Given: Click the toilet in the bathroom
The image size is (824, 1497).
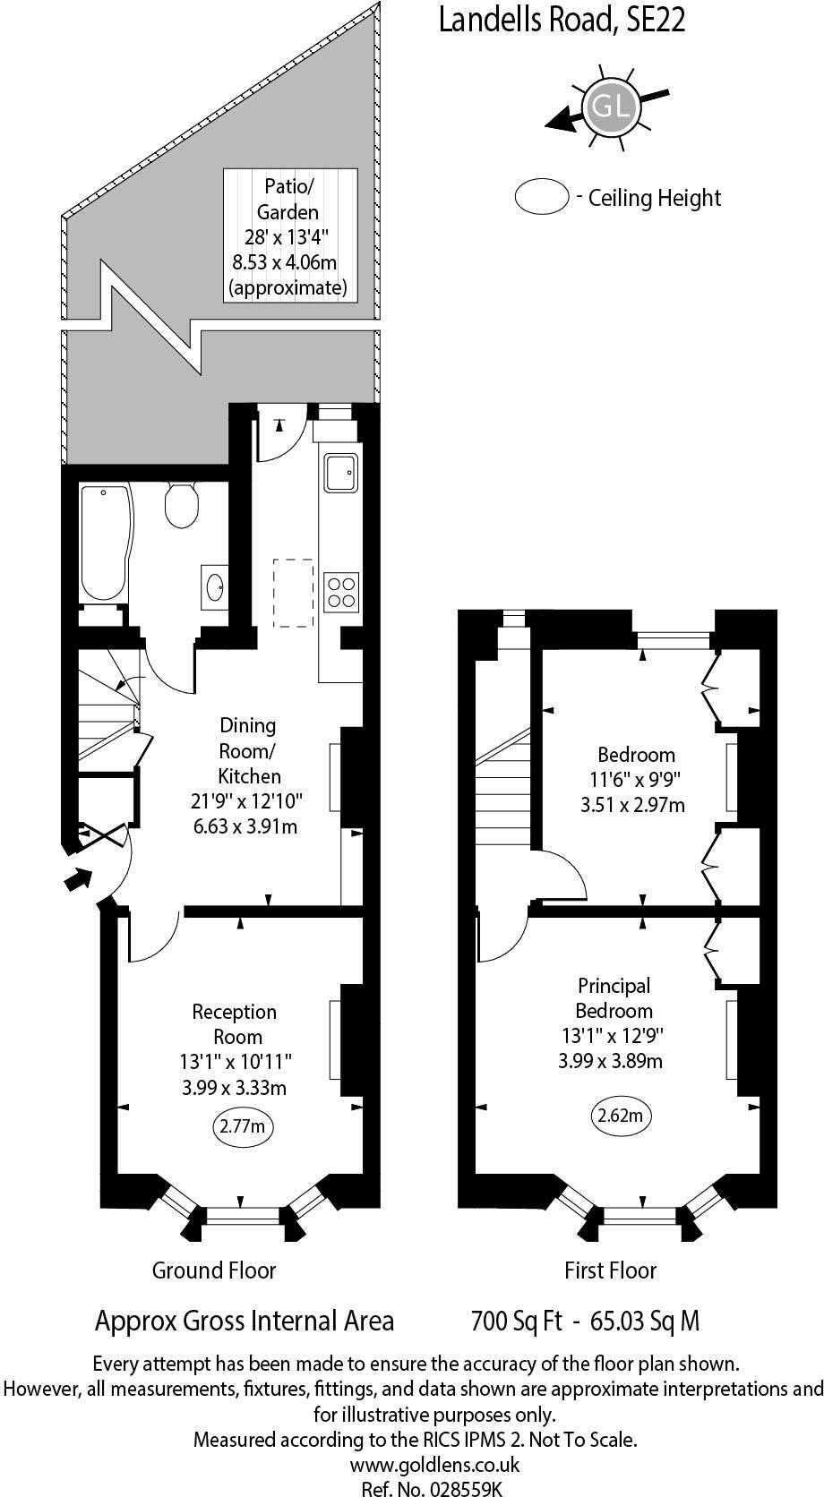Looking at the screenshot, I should [x=182, y=505].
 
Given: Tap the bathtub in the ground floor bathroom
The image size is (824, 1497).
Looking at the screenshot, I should [x=105, y=542].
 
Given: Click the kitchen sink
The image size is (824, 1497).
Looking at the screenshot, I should [x=341, y=473].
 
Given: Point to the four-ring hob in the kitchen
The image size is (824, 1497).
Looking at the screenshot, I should [x=342, y=591].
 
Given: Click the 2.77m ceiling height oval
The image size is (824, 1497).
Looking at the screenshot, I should [x=242, y=1126].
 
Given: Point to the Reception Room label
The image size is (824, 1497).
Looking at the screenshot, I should [x=234, y=1024].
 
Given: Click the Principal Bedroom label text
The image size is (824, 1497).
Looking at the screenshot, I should [x=614, y=998].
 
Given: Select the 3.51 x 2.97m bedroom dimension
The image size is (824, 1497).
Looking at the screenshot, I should [x=632, y=805].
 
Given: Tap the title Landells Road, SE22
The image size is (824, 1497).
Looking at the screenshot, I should [x=562, y=19].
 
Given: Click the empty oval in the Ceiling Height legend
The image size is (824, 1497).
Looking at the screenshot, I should [x=542, y=197].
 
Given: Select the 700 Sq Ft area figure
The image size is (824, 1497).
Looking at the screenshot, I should [x=515, y=1321].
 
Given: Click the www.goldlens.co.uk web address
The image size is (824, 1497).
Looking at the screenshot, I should [x=434, y=1465].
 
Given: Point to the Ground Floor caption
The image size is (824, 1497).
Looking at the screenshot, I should [x=214, y=1270].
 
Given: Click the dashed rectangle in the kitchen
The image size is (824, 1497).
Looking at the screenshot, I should [x=293, y=593].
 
